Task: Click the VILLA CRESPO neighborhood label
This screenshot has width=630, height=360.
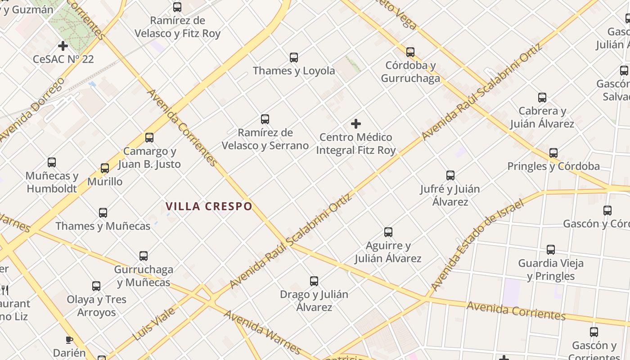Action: (209, 207)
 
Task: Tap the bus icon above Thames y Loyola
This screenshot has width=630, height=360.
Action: (294, 58)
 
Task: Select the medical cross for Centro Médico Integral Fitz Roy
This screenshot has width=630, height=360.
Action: (356, 124)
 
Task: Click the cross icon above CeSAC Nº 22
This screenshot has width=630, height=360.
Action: (63, 46)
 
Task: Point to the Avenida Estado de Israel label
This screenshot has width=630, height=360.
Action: (477, 245)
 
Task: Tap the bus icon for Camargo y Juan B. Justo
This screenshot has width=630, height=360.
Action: (149, 138)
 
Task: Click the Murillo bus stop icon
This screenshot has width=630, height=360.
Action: (105, 168)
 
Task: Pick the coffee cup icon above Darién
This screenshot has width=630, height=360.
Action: (69, 340)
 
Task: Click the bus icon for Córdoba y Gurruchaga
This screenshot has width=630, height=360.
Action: (410, 52)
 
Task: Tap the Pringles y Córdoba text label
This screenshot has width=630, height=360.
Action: (553, 166)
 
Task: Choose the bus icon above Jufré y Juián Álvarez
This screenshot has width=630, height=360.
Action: (450, 175)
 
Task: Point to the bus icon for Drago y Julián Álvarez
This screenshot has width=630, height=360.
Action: (314, 281)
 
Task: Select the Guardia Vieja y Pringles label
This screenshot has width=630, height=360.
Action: (551, 270)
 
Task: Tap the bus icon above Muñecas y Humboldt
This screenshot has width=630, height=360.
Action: (52, 162)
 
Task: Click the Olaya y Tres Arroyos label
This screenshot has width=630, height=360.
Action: (97, 306)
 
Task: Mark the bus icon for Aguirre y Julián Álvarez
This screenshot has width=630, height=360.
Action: (388, 232)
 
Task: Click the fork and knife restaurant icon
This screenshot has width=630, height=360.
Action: (4, 289)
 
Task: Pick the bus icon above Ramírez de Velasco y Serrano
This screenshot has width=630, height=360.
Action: (265, 119)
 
